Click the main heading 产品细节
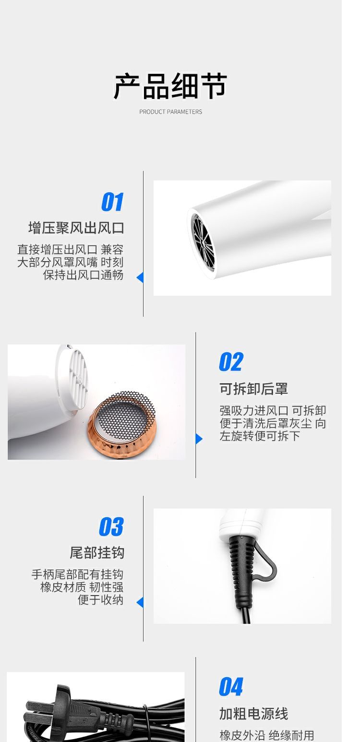tap(170, 86)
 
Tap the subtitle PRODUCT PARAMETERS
tap(170, 112)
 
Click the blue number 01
tap(112, 202)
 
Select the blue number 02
tap(231, 362)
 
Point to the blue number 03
tap(111, 527)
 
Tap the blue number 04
tap(231, 687)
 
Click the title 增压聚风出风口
tap(76, 228)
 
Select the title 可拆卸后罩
tap(254, 389)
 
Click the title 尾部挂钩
tap(97, 552)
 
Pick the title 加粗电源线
tap(254, 714)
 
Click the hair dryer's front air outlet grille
tap(203, 242)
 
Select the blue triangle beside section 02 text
tap(199, 439)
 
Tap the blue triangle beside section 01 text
tap(140, 277)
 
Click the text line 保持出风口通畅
tap(83, 275)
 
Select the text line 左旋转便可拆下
tap(260, 436)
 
